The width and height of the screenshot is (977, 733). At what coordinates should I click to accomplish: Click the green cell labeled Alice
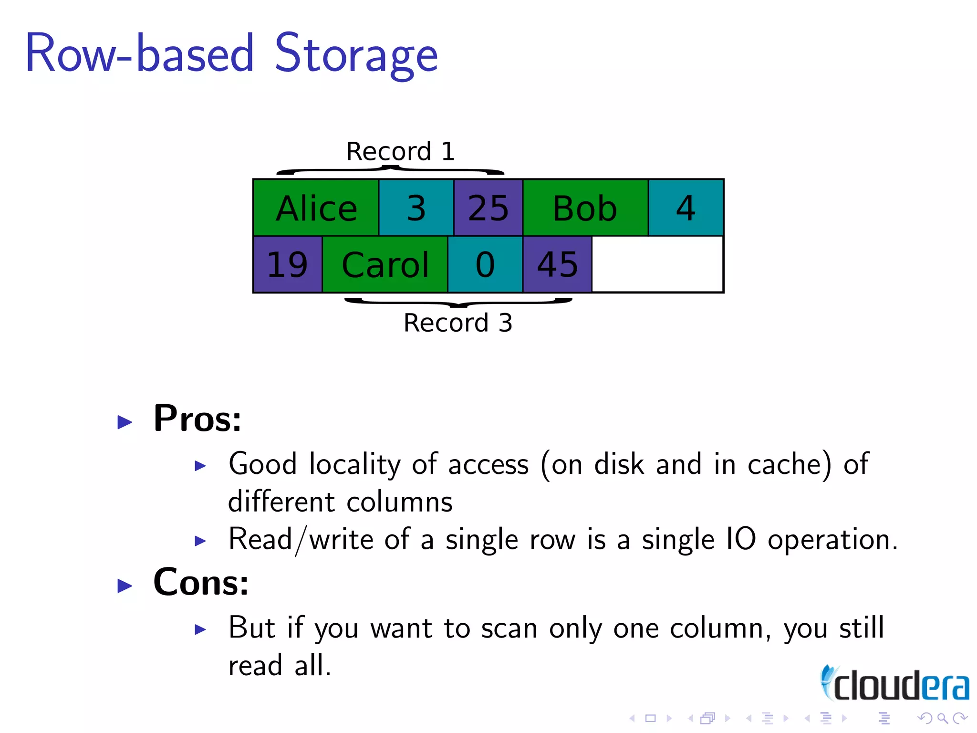316,208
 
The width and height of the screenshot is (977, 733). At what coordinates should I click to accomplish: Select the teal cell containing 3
416,208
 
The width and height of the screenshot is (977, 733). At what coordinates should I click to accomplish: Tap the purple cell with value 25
488,208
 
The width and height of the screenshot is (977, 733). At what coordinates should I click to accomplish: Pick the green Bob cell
585,208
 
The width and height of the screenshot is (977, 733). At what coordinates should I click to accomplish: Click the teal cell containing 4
686,208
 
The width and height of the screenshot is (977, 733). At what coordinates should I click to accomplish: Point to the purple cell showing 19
288,264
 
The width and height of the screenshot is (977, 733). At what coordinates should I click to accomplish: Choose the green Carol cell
385,264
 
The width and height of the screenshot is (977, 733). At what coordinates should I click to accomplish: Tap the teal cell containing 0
485,264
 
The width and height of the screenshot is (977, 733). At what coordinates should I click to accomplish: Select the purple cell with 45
557,264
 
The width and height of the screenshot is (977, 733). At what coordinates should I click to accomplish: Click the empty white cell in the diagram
657,264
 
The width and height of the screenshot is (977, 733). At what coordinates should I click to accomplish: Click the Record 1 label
400,152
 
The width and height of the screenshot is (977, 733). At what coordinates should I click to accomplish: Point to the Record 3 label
457,323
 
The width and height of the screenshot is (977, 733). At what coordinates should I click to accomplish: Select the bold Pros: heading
197,419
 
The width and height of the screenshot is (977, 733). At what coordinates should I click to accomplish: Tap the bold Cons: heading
201,583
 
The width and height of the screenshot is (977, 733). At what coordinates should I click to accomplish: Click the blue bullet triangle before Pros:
125,422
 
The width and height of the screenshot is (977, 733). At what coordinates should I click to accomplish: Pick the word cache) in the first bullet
790,464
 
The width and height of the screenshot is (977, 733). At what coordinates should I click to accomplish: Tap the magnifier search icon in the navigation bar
942,718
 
